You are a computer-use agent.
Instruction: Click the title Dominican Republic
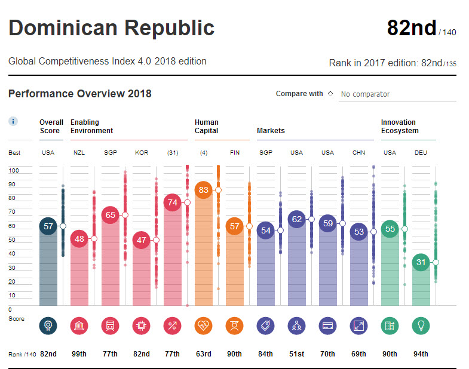click(x=111, y=28)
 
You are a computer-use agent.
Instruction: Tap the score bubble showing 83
click(x=204, y=190)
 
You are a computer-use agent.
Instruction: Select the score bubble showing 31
click(x=421, y=262)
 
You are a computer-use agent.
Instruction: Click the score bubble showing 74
click(x=173, y=202)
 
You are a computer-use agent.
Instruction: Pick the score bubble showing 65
click(x=111, y=215)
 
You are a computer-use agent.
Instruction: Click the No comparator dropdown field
click(x=397, y=94)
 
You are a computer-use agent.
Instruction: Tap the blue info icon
click(x=13, y=121)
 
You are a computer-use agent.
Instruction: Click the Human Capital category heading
click(x=207, y=127)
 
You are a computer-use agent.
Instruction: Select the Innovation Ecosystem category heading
click(x=400, y=127)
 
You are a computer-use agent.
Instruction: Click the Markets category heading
click(x=271, y=131)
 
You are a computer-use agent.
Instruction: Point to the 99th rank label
click(x=79, y=354)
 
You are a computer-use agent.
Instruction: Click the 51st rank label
click(x=296, y=354)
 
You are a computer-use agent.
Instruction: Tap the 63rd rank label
click(x=203, y=354)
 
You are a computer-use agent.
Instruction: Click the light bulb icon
click(x=421, y=325)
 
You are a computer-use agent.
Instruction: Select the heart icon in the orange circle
click(x=203, y=325)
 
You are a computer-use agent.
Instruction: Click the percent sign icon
click(x=172, y=325)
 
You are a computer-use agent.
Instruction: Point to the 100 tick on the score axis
click(x=14, y=171)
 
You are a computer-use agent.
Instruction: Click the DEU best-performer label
click(x=421, y=153)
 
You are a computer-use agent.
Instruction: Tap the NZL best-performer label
click(x=79, y=153)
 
